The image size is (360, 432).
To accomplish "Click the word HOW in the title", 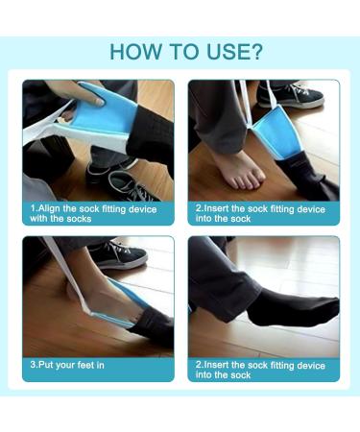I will point(130,51).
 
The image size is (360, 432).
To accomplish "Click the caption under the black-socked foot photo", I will point(260,370).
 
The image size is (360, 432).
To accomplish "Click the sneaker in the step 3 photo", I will point(119,254).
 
